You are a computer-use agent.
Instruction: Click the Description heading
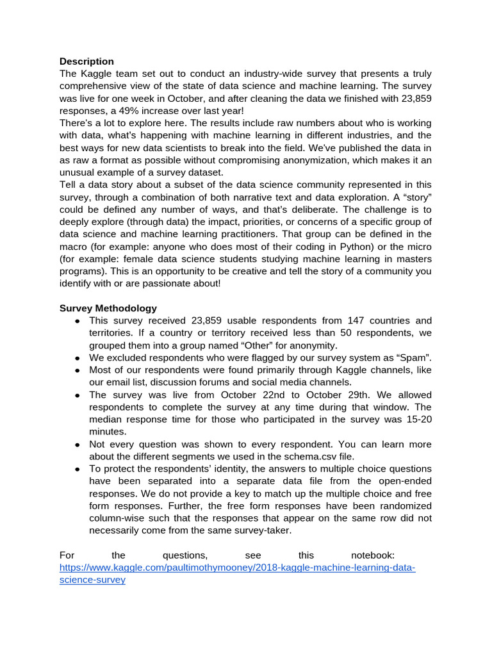[x=86, y=61]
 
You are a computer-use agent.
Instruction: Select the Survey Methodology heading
[x=108, y=308]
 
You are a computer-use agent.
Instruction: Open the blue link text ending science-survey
[x=92, y=580]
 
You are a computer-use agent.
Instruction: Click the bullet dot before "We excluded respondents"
[x=77, y=358]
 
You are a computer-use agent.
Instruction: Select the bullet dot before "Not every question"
[x=77, y=445]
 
